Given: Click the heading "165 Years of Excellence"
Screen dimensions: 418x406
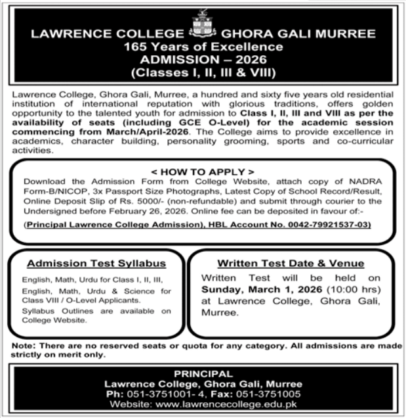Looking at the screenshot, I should point(203,46).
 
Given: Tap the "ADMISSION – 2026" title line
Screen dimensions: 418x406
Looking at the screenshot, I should point(203,58).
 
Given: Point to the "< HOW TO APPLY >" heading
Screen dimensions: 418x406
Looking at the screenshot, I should point(203,171).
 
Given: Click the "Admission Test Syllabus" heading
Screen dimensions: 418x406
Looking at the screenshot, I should point(96,264).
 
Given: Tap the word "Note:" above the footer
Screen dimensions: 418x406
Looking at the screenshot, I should point(24,346).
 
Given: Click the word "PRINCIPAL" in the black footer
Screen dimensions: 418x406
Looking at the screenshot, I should point(203,373).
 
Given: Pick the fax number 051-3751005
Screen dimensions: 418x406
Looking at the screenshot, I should point(268,393).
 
